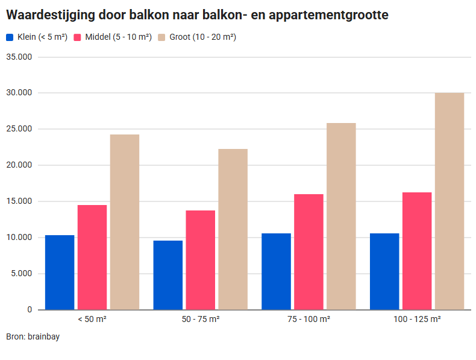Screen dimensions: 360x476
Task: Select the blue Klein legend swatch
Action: [10, 37]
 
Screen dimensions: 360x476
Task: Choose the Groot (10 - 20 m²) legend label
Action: [202, 37]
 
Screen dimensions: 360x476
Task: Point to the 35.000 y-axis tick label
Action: [20, 57]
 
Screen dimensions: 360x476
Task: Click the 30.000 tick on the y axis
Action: [20, 93]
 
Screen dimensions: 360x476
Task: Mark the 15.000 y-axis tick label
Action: [20, 201]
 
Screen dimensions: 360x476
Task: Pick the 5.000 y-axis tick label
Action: [22, 274]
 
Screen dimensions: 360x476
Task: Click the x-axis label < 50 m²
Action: [92, 319]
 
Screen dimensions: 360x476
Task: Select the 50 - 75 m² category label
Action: [200, 319]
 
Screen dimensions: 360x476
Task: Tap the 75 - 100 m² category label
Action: [308, 319]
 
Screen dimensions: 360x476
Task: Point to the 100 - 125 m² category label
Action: [417, 319]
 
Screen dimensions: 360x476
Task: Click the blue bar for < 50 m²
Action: [60, 272]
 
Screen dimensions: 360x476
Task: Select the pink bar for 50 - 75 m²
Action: [200, 260]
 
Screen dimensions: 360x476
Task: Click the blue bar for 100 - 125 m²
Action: [384, 271]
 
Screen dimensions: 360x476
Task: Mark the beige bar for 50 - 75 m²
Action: [233, 229]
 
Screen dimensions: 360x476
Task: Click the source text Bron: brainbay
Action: [33, 336]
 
